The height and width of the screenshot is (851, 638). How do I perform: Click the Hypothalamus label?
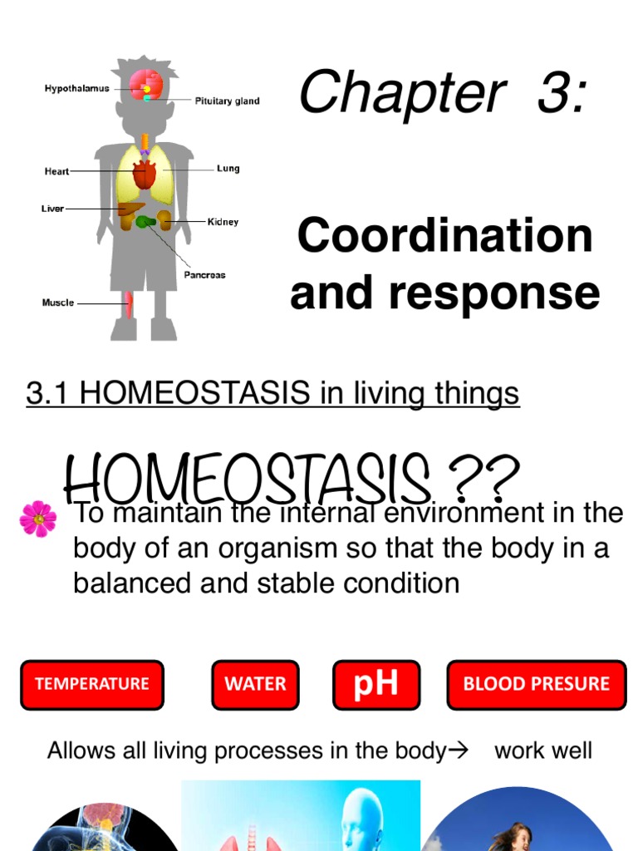(x=76, y=89)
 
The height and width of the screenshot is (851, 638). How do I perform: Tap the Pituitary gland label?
(x=227, y=101)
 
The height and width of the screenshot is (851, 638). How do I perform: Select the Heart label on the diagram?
(x=56, y=172)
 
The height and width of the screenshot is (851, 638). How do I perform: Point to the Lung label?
(x=228, y=169)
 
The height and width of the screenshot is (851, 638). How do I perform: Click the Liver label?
(x=52, y=209)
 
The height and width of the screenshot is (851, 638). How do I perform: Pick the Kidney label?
(x=223, y=222)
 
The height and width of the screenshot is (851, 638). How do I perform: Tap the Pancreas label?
(x=204, y=275)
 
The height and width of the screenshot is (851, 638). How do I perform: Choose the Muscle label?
(x=58, y=303)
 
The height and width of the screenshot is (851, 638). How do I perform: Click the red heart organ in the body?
(x=145, y=175)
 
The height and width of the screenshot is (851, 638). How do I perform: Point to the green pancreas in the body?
(x=148, y=222)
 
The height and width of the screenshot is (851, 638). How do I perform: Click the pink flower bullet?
(x=38, y=519)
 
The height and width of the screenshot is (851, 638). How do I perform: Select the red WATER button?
(x=255, y=685)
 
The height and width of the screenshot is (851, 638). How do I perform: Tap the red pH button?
(x=376, y=685)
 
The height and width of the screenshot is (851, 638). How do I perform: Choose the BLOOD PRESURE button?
(x=536, y=685)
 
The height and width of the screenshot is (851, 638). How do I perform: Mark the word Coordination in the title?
(x=445, y=236)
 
